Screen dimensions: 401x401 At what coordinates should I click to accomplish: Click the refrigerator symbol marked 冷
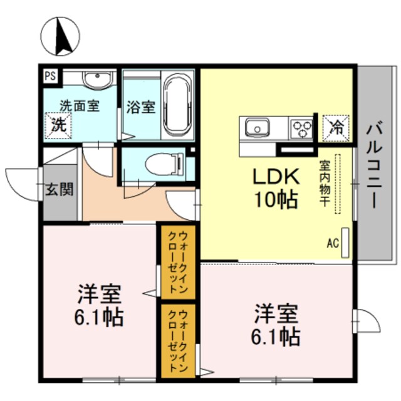[x=336, y=128]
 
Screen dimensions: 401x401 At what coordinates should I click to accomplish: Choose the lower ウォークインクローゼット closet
[x=177, y=340]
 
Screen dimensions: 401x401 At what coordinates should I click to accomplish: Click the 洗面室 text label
[x=80, y=106]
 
